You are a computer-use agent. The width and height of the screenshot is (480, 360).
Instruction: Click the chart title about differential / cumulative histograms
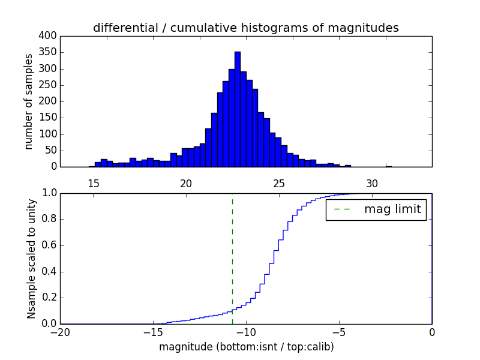[x=245, y=28]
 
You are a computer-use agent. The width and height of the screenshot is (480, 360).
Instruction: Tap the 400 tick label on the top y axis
[x=49, y=36]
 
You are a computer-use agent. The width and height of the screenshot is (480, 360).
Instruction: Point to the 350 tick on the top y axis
[x=49, y=52]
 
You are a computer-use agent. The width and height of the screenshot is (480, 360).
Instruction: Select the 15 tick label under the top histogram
[x=94, y=184]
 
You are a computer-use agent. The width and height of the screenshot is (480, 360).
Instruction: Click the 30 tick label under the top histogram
[x=373, y=184]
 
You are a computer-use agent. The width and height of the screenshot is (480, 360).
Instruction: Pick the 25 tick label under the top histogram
[x=280, y=184]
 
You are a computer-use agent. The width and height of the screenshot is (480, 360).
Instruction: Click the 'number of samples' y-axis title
[x=29, y=101]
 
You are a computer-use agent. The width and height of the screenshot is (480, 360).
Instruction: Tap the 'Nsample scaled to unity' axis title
[x=31, y=259]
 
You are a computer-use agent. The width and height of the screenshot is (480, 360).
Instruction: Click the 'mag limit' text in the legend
[x=392, y=209]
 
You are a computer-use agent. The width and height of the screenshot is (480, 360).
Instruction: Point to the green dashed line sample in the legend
[x=342, y=209]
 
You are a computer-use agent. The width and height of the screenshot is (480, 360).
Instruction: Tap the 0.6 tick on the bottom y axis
[x=49, y=245]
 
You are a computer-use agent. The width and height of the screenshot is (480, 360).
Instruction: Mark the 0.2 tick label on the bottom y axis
[x=49, y=298]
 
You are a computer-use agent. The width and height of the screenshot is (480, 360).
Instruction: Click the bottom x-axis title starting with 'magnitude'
[x=246, y=347]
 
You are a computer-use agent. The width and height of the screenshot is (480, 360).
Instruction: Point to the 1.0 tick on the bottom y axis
[x=49, y=193]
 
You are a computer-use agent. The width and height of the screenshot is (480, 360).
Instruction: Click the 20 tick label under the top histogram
[x=186, y=184]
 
